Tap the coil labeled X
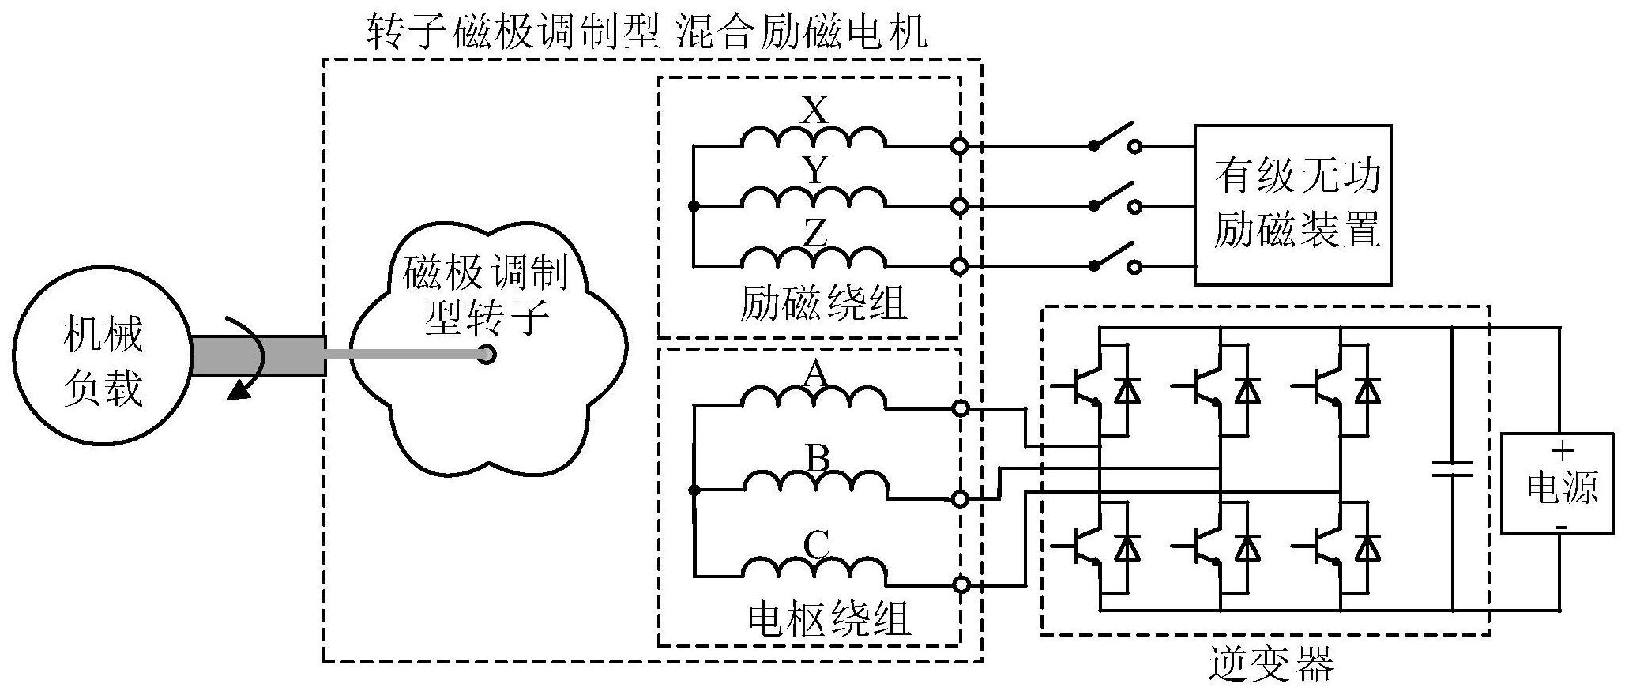pyautogui.click(x=814, y=139)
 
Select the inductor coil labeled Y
pyautogui.click(x=814, y=197)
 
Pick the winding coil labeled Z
pyautogui.click(x=814, y=257)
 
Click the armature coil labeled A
pyautogui.click(x=814, y=399)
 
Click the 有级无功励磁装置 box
pyautogui.click(x=1292, y=205)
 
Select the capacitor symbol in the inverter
pyautogui.click(x=1452, y=469)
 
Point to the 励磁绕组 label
pyautogui.click(x=822, y=305)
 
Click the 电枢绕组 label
pyautogui.click(x=829, y=620)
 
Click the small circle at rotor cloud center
pyautogui.click(x=487, y=355)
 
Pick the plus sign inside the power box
pyautogui.click(x=1562, y=451)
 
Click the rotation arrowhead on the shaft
pyautogui.click(x=236, y=391)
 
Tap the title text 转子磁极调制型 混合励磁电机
pyautogui.click(x=647, y=33)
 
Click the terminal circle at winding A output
pyautogui.click(x=960, y=408)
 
